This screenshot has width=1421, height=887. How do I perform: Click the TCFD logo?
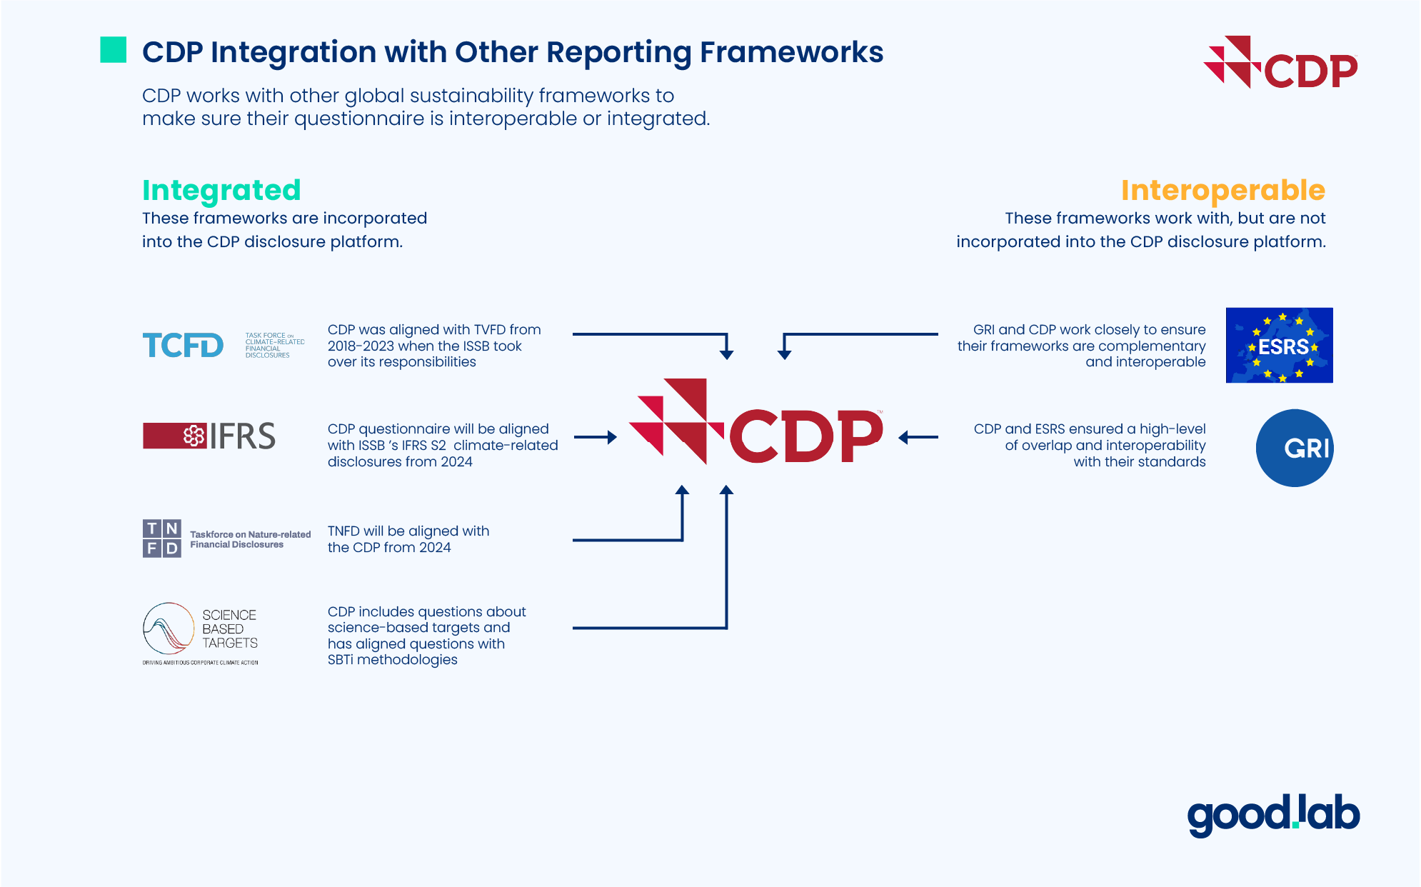[183, 346]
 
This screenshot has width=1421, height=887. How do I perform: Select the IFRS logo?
[209, 436]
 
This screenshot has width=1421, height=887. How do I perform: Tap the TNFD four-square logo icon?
[162, 538]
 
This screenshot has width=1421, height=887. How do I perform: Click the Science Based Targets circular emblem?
[169, 628]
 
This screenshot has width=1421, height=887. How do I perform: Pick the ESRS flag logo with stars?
[1279, 346]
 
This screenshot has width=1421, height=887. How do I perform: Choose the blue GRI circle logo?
[1295, 448]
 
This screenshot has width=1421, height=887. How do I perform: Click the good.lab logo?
[1273, 815]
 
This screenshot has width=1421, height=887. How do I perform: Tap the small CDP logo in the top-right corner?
[1281, 64]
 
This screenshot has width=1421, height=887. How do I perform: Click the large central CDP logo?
[756, 423]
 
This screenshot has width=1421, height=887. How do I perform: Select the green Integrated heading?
[221, 190]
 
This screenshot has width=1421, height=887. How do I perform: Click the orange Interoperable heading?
[1222, 190]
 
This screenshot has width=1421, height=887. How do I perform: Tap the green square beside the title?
[114, 50]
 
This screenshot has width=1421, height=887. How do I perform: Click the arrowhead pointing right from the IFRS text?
[611, 437]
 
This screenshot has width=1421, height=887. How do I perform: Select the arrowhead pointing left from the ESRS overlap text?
[904, 437]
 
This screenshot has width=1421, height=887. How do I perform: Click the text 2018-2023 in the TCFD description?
[361, 346]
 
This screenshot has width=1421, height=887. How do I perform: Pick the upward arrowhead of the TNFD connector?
[683, 491]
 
